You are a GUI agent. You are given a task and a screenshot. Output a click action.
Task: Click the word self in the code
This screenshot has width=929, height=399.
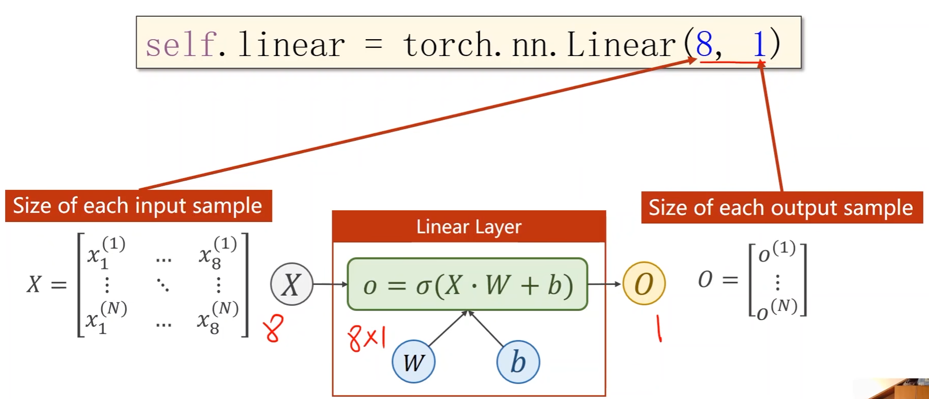[181, 44]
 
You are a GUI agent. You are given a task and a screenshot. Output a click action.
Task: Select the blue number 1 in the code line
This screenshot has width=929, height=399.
[759, 44]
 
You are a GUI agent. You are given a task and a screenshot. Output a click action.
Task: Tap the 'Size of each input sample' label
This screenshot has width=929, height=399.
[138, 206]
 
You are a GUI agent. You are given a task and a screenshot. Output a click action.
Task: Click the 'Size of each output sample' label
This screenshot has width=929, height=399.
[781, 208]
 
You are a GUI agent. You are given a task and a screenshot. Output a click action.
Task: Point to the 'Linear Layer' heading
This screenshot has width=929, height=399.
[469, 226]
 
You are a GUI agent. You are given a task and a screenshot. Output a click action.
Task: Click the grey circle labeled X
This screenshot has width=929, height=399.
[292, 284]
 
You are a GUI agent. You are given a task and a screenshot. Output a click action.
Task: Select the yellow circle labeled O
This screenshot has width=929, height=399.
[644, 283]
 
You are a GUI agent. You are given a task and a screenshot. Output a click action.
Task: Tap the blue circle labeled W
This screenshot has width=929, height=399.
[414, 362]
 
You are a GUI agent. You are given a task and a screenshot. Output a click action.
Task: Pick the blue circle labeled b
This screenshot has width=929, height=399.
[518, 362]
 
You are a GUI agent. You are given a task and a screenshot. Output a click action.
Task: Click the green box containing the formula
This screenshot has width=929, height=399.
[467, 284]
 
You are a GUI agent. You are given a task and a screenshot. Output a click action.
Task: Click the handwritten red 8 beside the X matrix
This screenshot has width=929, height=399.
[273, 328]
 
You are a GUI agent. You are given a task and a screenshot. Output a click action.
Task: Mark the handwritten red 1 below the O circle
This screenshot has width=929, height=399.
[659, 329]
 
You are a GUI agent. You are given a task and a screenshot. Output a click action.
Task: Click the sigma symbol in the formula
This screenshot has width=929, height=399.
[423, 286]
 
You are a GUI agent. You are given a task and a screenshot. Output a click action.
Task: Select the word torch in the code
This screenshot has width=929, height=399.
[448, 45]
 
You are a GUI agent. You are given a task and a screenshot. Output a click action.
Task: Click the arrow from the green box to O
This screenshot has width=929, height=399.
[604, 284]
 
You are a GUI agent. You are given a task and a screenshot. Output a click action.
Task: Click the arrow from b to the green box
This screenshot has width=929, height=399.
[486, 329]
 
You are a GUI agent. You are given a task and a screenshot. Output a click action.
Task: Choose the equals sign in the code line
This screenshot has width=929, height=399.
[373, 45]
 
